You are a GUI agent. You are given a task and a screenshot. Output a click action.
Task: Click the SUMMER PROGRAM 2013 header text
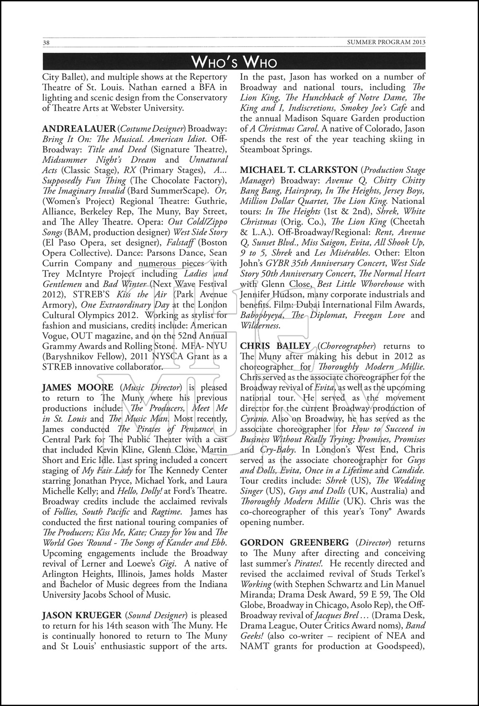point(386,42)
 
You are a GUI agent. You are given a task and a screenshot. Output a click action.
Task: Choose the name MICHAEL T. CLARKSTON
point(299,170)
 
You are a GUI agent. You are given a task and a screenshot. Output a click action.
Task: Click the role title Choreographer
point(352,346)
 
